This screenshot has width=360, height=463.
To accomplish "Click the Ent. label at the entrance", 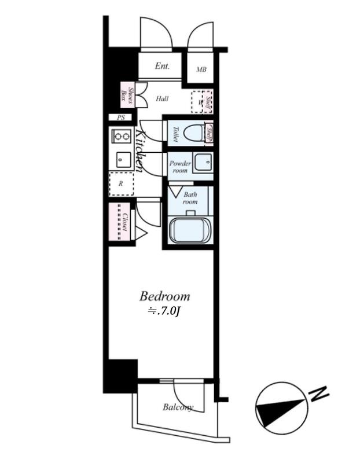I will click(162, 66).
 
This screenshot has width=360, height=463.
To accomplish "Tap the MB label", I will click(201, 70).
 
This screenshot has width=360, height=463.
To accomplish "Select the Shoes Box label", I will click(127, 94).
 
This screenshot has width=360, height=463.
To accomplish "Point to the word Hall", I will click(162, 99).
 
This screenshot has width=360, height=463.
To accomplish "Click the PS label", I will click(121, 117).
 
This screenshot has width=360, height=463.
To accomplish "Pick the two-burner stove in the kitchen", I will click(122, 137).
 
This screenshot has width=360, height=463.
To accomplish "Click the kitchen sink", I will click(122, 159).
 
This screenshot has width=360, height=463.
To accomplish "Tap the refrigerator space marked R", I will click(121, 183).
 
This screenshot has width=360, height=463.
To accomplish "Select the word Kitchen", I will click(141, 149).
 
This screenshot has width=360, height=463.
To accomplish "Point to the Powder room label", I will click(180, 167).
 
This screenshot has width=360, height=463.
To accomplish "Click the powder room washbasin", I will click(203, 163).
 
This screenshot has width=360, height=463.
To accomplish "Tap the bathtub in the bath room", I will click(190, 230).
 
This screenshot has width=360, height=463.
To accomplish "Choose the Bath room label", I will click(190, 198).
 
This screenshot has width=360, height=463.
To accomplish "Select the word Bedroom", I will click(164, 296).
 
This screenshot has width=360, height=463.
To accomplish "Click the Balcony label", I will click(178, 407).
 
